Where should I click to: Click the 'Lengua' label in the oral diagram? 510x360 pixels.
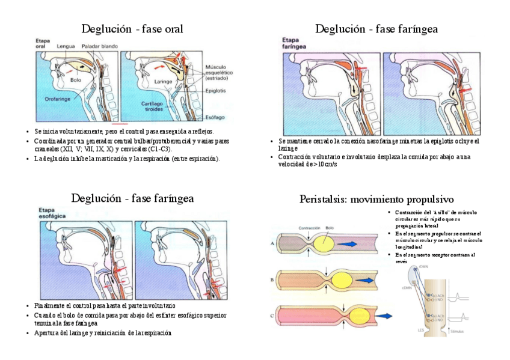pyautogui.click(x=66, y=46)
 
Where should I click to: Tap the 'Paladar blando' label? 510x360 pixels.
pyautogui.click(x=99, y=46)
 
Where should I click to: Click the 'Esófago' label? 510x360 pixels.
pyautogui.click(x=215, y=117)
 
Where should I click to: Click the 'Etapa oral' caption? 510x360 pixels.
pyautogui.click(x=41, y=42)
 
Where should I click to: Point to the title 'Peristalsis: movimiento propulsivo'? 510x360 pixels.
pyautogui.click(x=376, y=199)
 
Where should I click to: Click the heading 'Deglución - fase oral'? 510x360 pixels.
pyautogui.click(x=132, y=29)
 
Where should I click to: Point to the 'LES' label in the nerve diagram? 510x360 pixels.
pyautogui.click(x=420, y=330)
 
